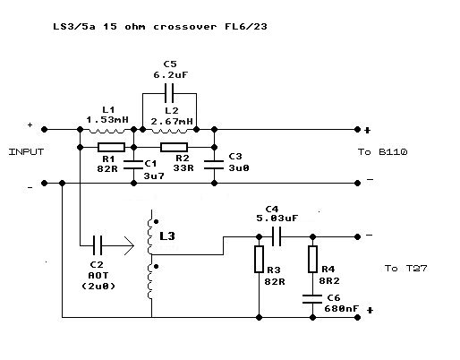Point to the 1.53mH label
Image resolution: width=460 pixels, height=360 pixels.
[106, 118]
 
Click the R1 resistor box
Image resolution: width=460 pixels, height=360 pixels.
[111, 147]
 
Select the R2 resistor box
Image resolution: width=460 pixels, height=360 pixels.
[174, 147]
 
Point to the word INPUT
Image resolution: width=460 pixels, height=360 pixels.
[26, 152]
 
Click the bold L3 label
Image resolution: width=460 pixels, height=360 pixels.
[168, 236]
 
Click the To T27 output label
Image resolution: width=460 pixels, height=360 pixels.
[405, 268]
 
